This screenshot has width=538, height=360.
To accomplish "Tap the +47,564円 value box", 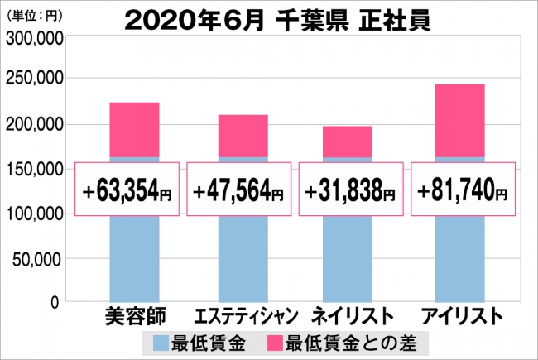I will tap(239, 190).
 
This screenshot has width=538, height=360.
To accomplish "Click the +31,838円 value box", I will tap(351, 190).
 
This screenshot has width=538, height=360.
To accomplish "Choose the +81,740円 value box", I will tap(462, 190).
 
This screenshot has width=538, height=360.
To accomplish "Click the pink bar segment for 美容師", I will tap(134, 130).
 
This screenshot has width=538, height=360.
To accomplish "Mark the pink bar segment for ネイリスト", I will tap(348, 142).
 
